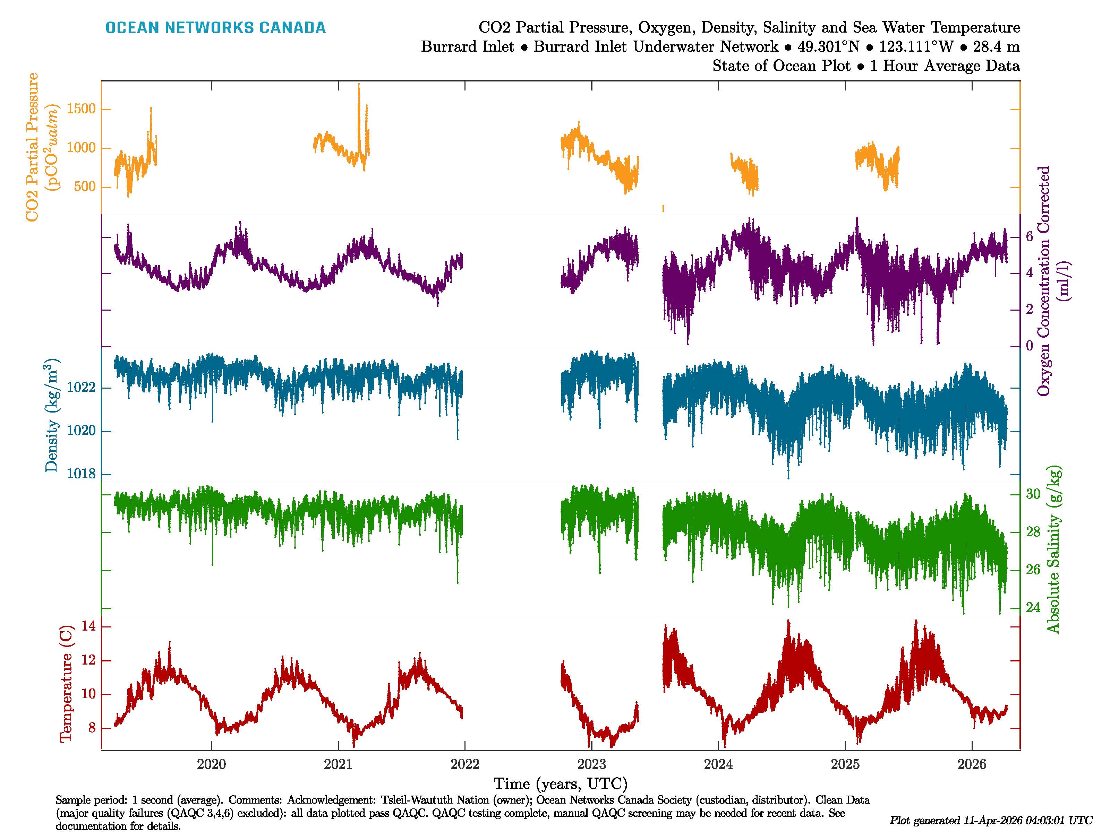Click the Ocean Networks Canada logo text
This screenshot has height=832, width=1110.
pyautogui.click(x=215, y=28)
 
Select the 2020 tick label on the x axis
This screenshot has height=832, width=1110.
pyautogui.click(x=211, y=764)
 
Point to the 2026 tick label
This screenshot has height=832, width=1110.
pyautogui.click(x=972, y=764)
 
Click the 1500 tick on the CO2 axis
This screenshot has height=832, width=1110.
pyautogui.click(x=81, y=109)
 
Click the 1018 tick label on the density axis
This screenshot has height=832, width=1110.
pyautogui.click(x=81, y=474)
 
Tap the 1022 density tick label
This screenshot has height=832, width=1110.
pyautogui.click(x=81, y=387)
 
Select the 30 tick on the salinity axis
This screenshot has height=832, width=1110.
pyautogui.click(x=1033, y=494)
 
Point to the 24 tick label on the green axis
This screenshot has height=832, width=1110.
pyautogui.click(x=1033, y=608)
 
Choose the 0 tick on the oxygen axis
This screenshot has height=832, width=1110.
pyautogui.click(x=1029, y=346)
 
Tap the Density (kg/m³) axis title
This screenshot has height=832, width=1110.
pyautogui.click(x=52, y=415)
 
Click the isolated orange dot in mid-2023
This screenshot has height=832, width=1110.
pyautogui.click(x=663, y=208)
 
